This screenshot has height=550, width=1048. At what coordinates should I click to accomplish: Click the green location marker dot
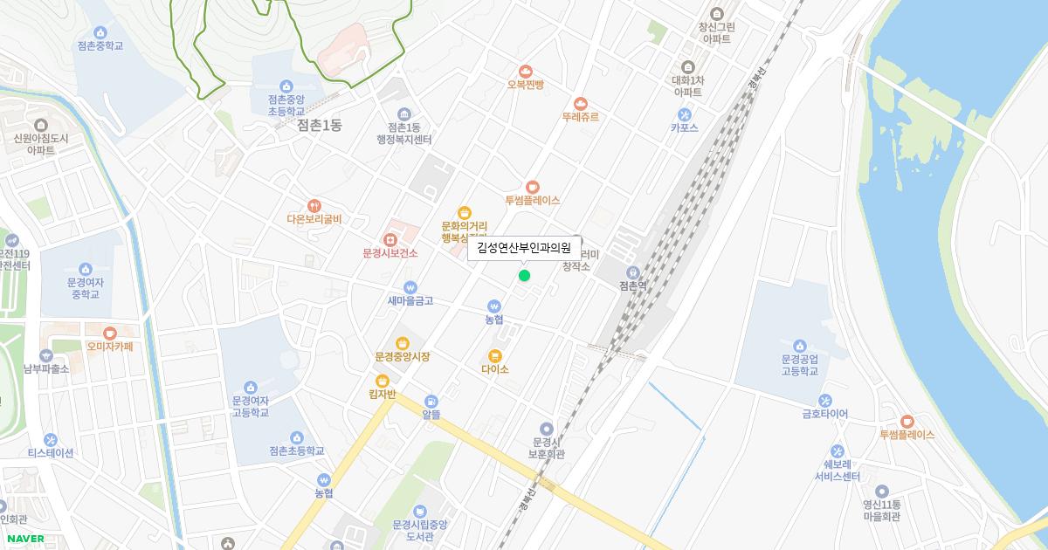524,276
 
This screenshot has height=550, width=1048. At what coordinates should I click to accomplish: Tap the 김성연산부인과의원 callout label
524,248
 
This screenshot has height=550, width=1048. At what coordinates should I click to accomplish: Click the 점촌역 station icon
632,272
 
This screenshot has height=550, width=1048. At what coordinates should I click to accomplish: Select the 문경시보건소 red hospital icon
390,239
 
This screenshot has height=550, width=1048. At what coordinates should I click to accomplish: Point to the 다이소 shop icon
495,355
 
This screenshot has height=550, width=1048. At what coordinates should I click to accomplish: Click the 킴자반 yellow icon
382,381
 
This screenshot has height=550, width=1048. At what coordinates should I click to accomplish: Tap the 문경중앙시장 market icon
402,343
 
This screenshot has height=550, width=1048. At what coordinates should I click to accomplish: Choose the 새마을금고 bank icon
410,287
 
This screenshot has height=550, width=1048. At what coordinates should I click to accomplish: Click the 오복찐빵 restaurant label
526,85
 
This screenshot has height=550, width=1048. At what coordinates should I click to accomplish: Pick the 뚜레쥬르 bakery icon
581,104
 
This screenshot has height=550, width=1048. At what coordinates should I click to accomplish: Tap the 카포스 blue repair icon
685,114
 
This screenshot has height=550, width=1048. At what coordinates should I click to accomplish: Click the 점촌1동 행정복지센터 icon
403,114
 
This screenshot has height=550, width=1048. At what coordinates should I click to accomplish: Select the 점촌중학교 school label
100,45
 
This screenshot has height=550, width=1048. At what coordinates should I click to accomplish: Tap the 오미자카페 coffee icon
109,333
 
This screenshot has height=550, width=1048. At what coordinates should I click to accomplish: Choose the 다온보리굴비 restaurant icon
314,206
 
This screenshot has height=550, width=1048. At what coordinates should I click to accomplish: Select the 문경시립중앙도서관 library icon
420,511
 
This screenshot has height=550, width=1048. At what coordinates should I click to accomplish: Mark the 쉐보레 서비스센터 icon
838,451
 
